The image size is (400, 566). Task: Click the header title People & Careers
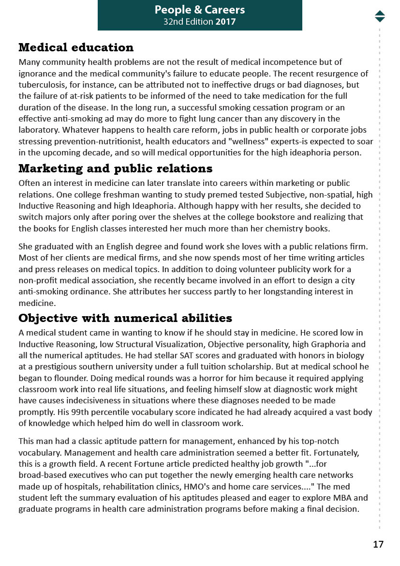click(x=200, y=10)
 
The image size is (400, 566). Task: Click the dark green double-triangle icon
click(x=380, y=16)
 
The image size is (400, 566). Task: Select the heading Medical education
click(x=76, y=47)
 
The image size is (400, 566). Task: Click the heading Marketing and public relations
click(x=115, y=168)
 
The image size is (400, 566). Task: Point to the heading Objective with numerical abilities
click(x=125, y=318)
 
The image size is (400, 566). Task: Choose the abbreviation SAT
click(x=171, y=355)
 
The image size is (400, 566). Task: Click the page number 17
click(x=378, y=544)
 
